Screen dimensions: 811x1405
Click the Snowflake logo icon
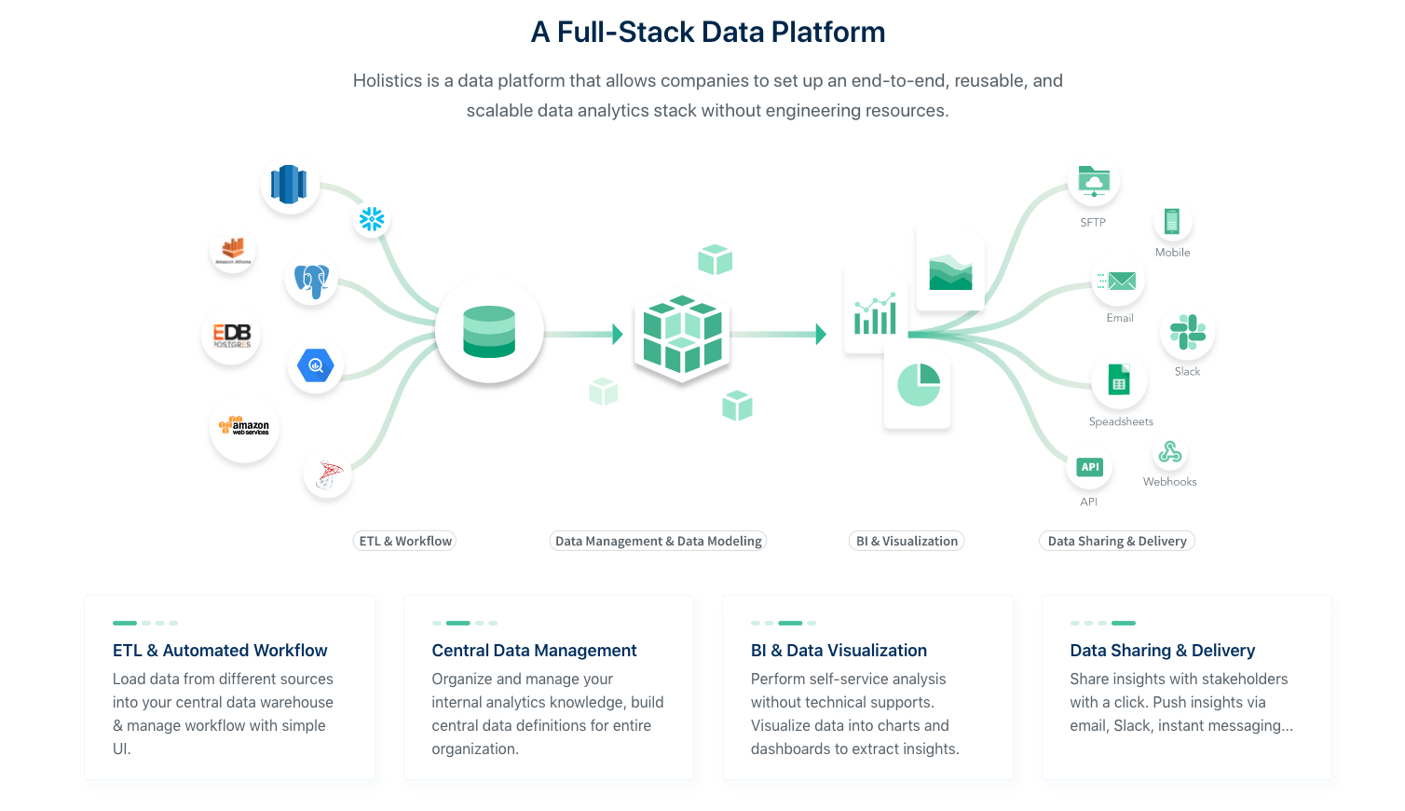tap(372, 219)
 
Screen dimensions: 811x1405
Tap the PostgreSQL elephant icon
tap(311, 280)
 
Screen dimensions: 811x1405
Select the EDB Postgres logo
tap(231, 336)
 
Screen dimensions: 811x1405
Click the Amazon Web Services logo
tap(244, 427)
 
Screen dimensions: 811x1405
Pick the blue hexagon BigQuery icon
tap(316, 365)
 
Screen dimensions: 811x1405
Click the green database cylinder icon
tap(489, 332)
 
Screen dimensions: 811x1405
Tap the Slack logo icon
tap(1187, 332)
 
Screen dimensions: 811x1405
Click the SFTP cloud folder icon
tap(1094, 181)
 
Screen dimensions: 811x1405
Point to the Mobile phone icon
tap(1172, 222)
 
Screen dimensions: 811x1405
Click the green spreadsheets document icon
tap(1119, 380)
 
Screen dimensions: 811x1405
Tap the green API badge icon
tap(1089, 467)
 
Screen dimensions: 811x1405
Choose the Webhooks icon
tap(1170, 453)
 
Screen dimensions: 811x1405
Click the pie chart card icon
tap(918, 385)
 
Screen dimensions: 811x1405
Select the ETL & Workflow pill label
tap(405, 541)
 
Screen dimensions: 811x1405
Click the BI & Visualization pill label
tap(907, 541)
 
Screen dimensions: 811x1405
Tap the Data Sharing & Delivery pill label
tap(1116, 541)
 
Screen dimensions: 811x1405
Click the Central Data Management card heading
tap(534, 651)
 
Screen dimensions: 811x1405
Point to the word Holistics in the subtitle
tap(387, 81)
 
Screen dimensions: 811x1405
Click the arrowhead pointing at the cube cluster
tap(618, 334)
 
